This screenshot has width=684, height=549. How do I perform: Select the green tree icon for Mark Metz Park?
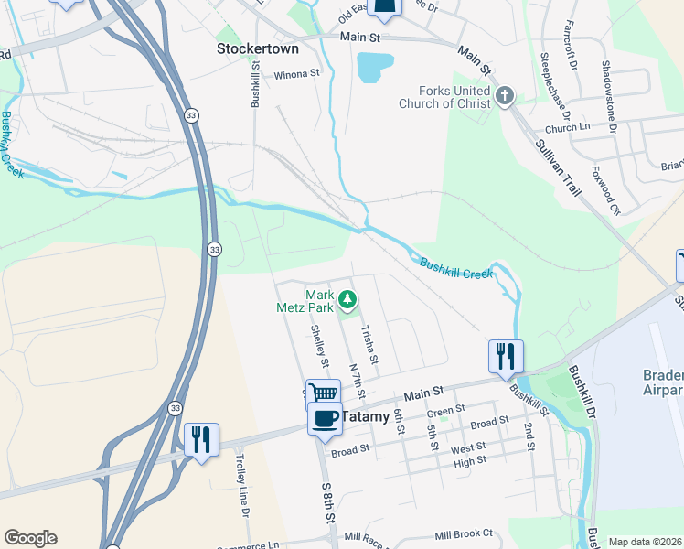coord(347,297)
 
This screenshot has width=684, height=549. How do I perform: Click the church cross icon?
coord(504,95)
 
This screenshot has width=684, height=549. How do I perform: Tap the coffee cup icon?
coord(325,418)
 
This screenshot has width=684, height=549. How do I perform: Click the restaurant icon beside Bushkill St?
coord(507,355)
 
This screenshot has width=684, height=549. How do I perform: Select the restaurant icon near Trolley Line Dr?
coord(201,439)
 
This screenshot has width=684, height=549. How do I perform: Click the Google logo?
coord(30,538)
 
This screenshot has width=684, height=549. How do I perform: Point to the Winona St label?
coord(298,73)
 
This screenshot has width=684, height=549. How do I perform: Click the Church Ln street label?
coord(567,128)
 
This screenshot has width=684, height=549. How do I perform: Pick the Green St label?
coord(447,411)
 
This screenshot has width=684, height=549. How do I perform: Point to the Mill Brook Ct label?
coord(464,533)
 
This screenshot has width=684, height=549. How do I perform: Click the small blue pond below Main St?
coord(375,67)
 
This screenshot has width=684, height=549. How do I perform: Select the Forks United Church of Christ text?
coord(443,97)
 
